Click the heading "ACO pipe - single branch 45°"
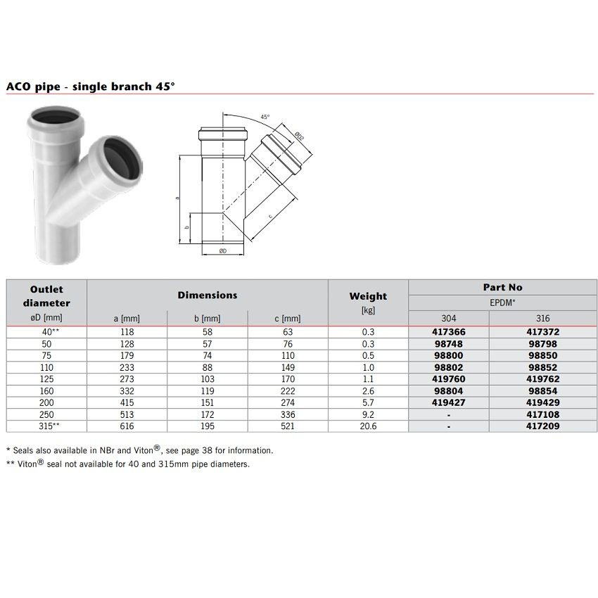(90, 87)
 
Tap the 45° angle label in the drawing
(265, 117)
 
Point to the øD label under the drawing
(222, 250)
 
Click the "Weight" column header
(368, 296)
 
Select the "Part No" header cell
(502, 287)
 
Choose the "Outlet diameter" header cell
(46, 296)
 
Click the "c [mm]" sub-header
(287, 319)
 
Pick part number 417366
(448, 331)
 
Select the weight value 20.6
(368, 426)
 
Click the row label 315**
(46, 426)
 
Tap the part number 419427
(448, 402)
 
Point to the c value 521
(287, 426)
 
